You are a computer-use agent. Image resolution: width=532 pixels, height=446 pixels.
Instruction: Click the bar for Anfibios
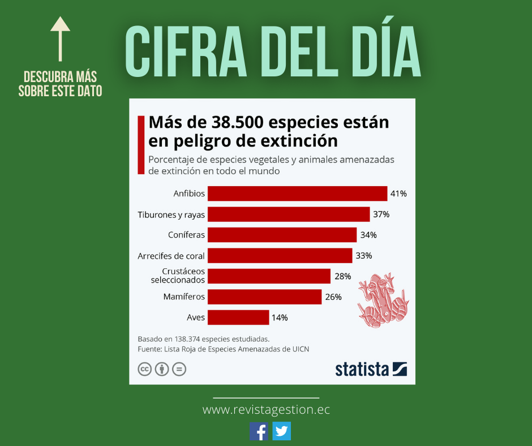click(297, 194)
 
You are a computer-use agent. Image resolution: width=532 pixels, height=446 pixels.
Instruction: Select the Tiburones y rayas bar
click(289, 215)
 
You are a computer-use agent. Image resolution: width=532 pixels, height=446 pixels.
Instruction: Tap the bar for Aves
click(238, 318)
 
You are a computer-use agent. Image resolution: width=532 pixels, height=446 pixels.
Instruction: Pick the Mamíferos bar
click(264, 297)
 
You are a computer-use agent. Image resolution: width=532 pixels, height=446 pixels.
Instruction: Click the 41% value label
click(398, 194)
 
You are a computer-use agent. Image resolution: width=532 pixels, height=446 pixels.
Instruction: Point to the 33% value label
click(363, 256)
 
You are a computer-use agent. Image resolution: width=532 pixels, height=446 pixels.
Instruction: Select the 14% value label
click(280, 318)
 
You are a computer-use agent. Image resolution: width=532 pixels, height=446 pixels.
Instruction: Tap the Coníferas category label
click(186, 235)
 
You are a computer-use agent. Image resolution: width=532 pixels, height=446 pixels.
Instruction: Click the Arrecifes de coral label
click(171, 256)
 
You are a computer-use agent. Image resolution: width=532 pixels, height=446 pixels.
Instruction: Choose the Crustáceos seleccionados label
click(178, 276)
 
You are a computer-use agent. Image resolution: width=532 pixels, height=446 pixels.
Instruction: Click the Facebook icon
click(259, 431)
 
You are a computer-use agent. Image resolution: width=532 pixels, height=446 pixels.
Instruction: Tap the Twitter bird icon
click(281, 431)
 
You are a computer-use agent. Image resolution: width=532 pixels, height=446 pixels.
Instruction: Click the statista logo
click(371, 369)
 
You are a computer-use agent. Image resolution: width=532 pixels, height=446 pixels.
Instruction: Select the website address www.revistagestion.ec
click(266, 409)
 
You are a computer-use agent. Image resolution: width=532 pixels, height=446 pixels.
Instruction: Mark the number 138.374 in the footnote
click(183, 338)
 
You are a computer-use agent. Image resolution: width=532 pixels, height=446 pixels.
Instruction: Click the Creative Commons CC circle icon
click(145, 370)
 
